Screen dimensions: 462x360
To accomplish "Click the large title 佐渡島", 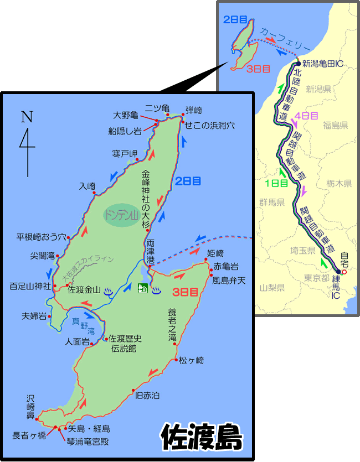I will click(202, 438).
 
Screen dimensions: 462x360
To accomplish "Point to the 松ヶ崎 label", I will click(191, 361).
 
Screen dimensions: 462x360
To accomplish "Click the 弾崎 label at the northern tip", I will click(194, 110).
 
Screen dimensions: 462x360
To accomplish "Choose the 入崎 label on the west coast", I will click(88, 186).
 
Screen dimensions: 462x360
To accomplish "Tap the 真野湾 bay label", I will click(83, 326).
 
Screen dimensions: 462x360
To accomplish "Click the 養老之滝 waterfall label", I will click(172, 324).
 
